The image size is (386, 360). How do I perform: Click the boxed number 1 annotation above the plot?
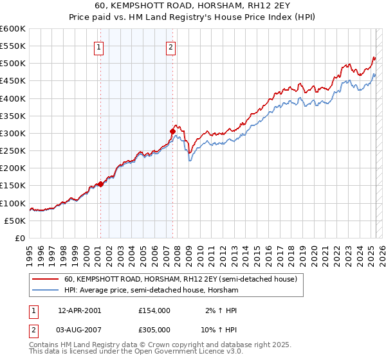point(100,46)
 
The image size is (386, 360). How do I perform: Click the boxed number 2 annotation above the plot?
point(171,46)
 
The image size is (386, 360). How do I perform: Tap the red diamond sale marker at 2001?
point(100,184)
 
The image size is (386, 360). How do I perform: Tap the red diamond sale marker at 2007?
point(172,132)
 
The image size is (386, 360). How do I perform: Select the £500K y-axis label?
point(13,64)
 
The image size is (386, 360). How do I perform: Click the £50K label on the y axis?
point(15,221)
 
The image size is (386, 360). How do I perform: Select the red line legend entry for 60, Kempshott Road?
point(180,280)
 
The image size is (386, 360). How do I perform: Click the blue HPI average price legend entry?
point(151,291)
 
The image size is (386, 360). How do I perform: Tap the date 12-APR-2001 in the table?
point(79,310)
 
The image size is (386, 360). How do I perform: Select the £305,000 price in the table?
point(154,330)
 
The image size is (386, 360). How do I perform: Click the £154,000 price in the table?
point(154,310)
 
